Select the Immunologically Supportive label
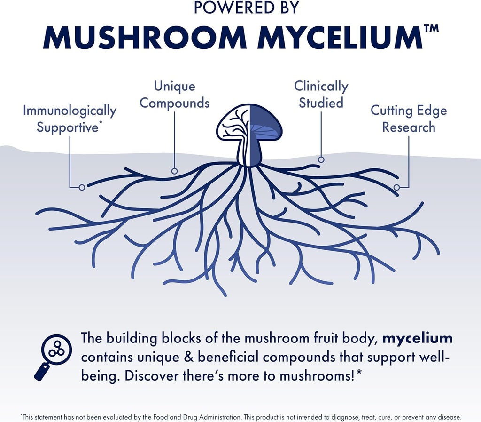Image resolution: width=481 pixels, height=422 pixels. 70,119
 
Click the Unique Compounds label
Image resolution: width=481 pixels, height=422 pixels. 174,95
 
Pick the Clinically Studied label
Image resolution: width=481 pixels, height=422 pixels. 321,95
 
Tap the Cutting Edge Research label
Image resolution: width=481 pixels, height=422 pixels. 409,119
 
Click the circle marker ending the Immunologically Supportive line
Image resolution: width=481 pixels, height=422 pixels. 82,187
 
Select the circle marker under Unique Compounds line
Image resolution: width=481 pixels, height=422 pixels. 174,171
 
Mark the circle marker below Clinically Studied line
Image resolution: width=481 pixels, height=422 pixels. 321,160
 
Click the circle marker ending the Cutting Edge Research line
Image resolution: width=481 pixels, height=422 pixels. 396,187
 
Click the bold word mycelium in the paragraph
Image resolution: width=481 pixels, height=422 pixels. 417,338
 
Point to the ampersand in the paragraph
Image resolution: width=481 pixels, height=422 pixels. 189,357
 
